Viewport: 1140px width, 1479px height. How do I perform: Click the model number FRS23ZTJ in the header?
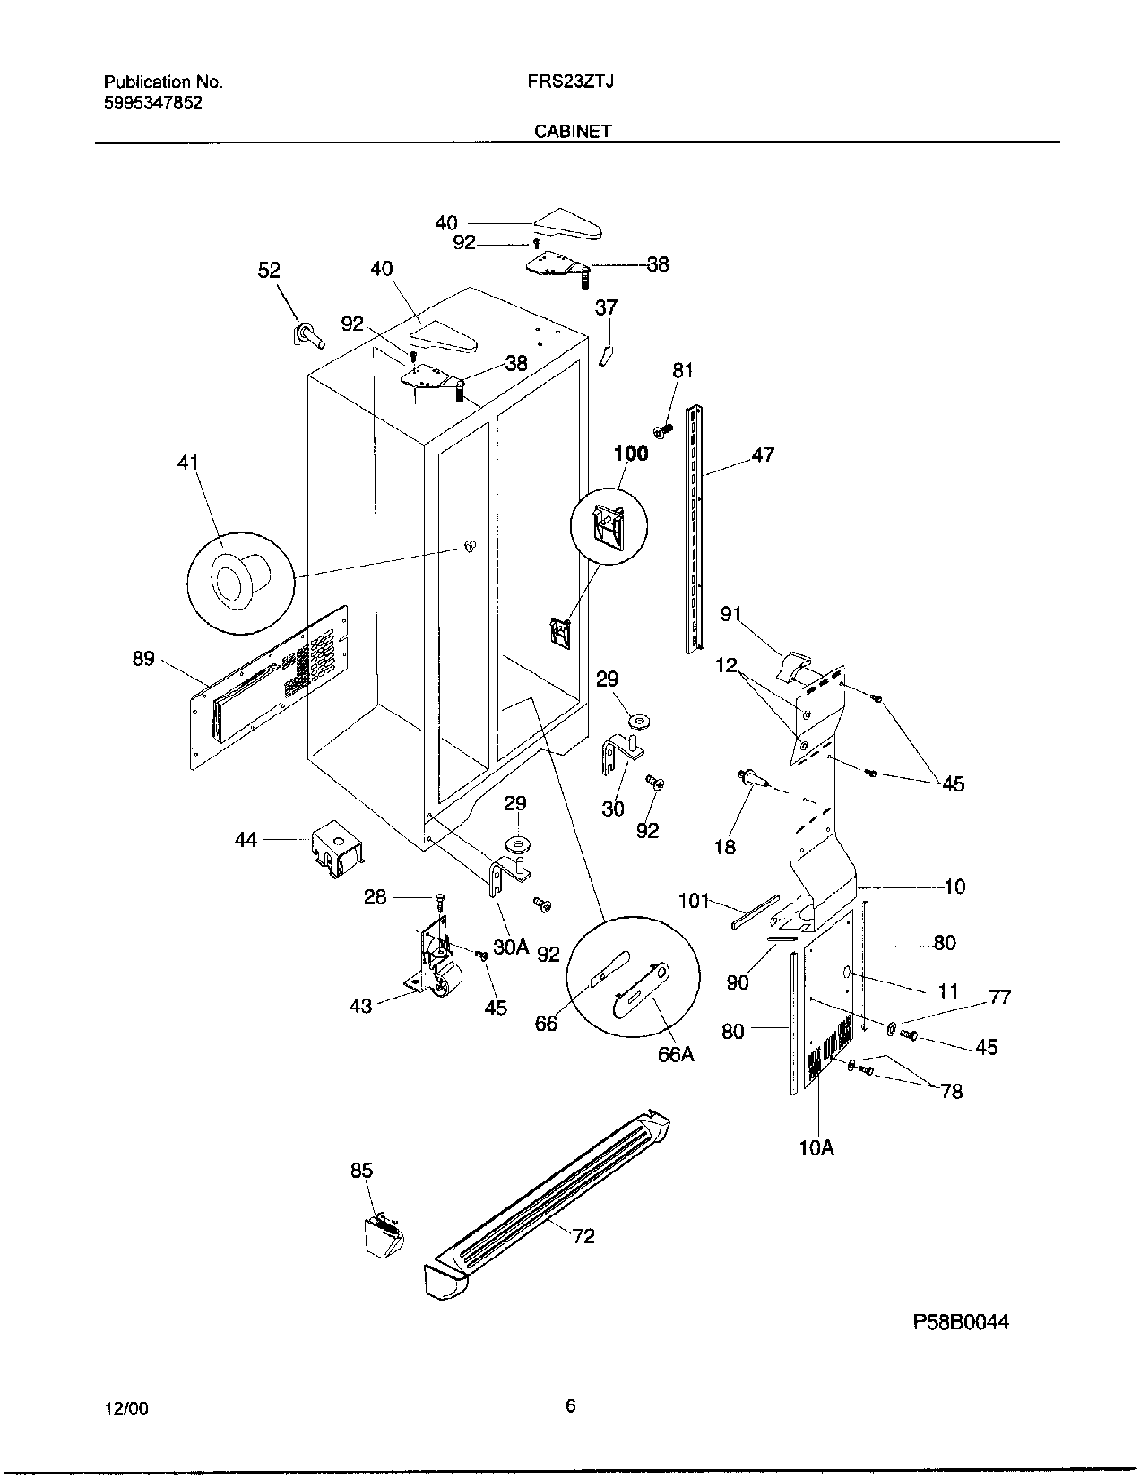coord(570,82)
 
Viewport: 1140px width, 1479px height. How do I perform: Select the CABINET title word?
coord(573,131)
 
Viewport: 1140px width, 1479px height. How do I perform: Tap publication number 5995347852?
coord(153,102)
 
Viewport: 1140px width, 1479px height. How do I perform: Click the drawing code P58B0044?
coord(961,1322)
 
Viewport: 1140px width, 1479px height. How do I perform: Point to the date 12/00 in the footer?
coord(126,1408)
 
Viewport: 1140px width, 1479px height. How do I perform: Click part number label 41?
coord(188,463)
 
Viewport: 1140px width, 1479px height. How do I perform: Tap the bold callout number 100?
coord(630,454)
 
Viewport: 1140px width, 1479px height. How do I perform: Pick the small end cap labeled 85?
coord(381,1235)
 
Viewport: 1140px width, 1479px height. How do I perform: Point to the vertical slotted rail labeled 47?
coord(695,529)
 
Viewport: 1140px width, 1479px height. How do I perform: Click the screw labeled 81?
coord(664,431)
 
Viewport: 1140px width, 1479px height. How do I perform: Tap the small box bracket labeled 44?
coord(334,851)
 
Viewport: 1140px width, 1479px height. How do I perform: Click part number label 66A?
coord(676,1054)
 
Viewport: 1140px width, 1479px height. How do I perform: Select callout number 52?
coord(269,270)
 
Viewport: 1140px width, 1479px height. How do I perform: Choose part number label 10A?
coord(816,1146)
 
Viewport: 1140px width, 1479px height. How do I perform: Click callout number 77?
coord(999,997)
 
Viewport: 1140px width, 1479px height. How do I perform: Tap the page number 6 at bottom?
coord(570,1406)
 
